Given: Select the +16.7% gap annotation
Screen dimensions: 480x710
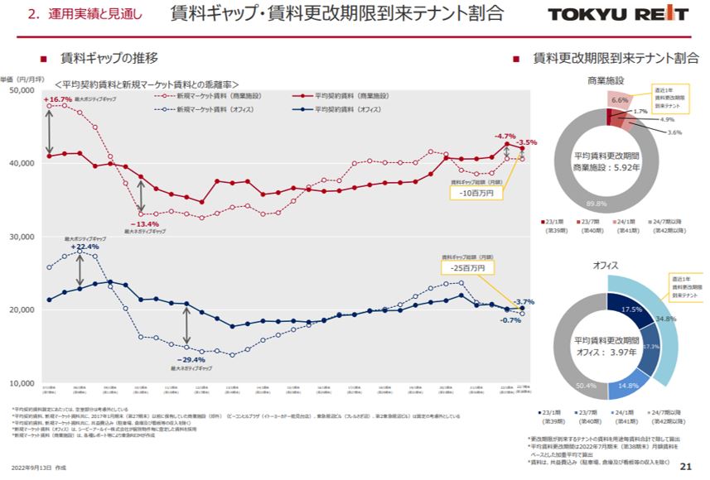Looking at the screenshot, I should (x=57, y=99).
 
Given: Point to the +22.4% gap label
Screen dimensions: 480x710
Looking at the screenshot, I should (x=84, y=247).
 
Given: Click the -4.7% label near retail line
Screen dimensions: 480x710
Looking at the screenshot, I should (x=505, y=136).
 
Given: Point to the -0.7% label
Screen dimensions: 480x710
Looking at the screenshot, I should (x=510, y=319).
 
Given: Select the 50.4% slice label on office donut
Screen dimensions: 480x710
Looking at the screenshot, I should (x=586, y=385).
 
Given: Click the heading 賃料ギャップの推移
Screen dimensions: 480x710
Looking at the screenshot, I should (x=109, y=59).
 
